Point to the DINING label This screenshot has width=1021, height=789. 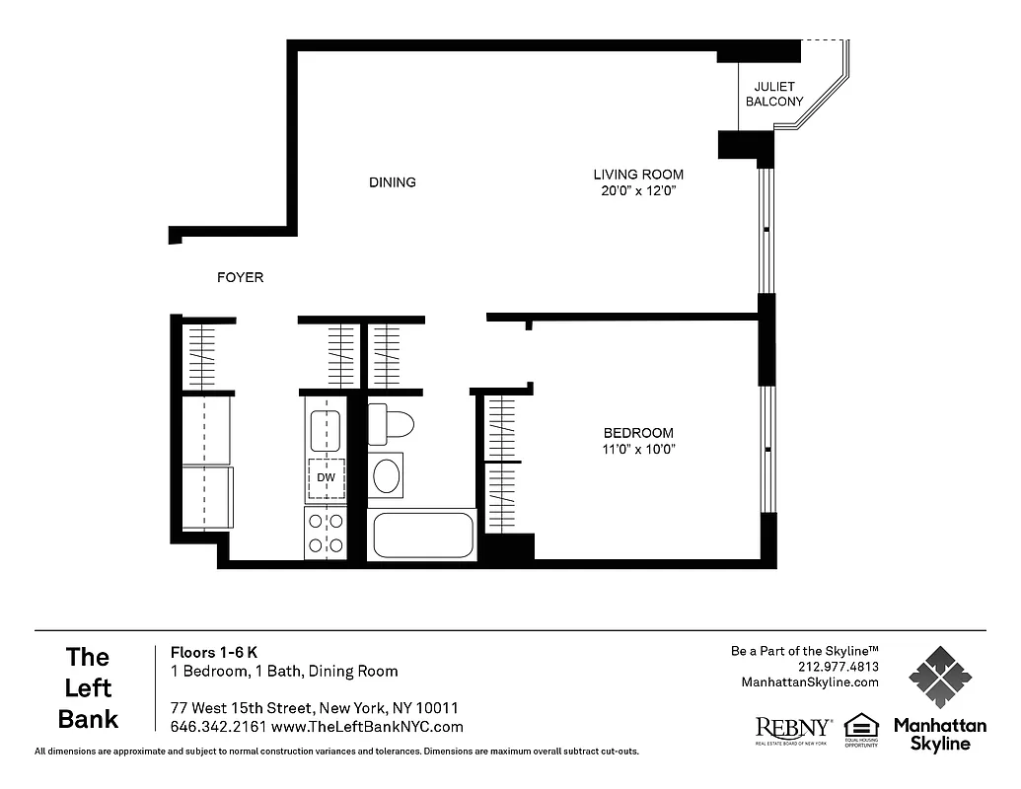click(x=393, y=182)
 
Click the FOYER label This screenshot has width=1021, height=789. click(x=240, y=278)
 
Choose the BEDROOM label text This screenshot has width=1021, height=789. click(x=638, y=433)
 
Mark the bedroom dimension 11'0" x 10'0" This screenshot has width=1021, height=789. click(x=638, y=450)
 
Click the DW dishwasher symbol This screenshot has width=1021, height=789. click(x=326, y=477)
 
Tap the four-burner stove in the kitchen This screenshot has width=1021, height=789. click(x=326, y=533)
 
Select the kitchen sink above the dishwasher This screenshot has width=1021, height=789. click(x=326, y=430)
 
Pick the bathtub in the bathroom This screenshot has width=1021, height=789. click(x=422, y=536)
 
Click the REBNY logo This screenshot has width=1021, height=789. click(x=793, y=729)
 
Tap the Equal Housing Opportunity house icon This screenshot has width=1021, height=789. click(x=861, y=725)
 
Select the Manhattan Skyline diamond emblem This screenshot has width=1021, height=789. click(x=939, y=678)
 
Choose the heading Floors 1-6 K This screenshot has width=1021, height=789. click(x=214, y=652)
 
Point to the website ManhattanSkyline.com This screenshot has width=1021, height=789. click(x=809, y=682)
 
